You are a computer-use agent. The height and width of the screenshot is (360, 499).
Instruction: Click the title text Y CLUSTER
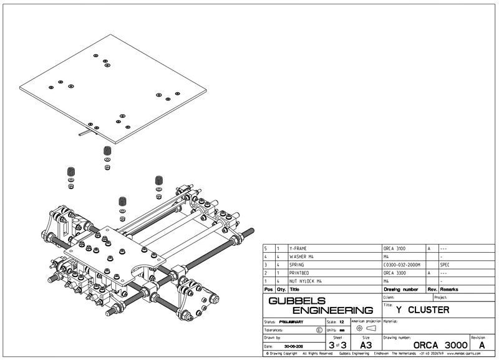(422, 309)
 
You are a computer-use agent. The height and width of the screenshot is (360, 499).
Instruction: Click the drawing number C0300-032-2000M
(403, 265)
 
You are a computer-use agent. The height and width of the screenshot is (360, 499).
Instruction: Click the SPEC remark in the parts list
(445, 265)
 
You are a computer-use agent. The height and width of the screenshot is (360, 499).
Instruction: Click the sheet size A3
(366, 344)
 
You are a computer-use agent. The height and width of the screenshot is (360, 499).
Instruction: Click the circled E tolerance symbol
(319, 329)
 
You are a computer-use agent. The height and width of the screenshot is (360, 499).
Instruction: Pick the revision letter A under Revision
(481, 345)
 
